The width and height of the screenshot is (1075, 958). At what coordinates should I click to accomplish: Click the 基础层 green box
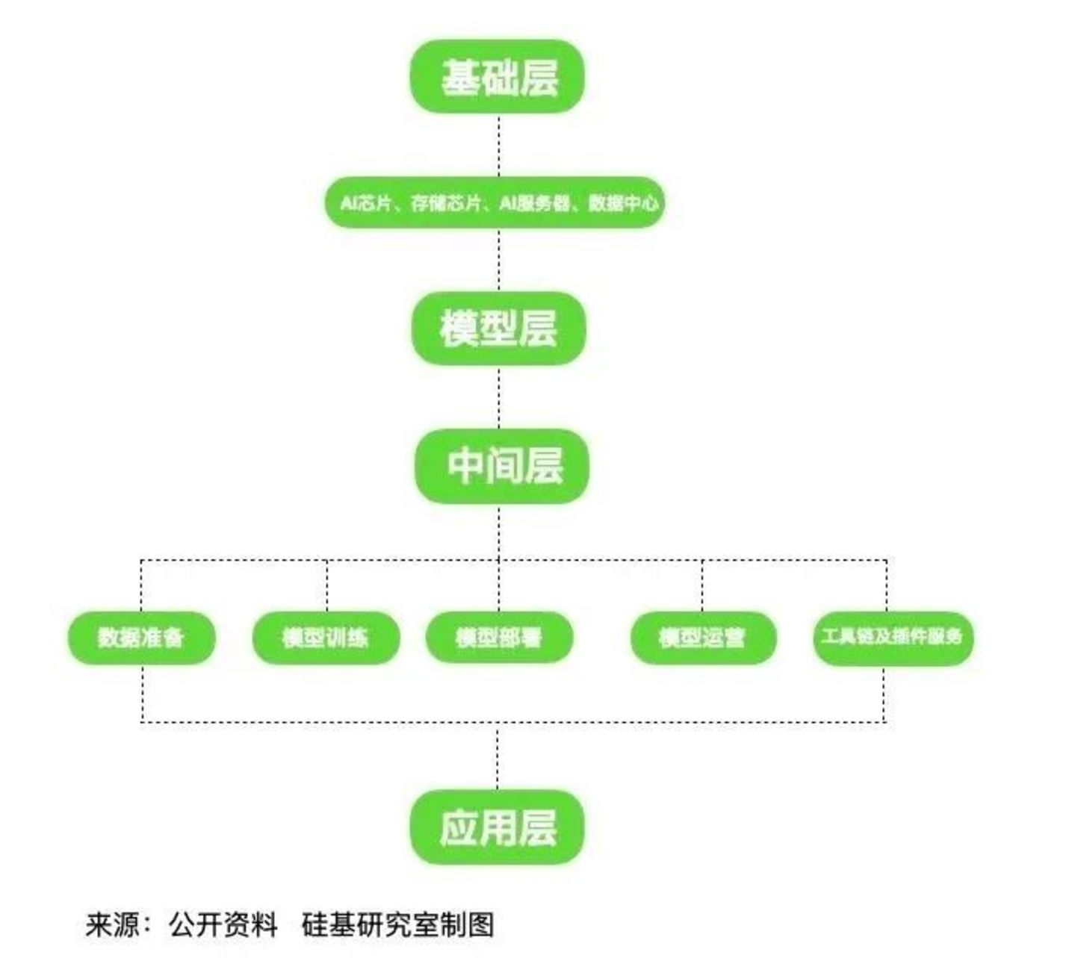pos(497,77)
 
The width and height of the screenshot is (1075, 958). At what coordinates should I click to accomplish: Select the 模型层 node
pos(498,328)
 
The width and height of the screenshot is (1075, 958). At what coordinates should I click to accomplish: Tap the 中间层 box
pos(502,466)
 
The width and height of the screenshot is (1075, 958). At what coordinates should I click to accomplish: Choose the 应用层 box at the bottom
pos(497,827)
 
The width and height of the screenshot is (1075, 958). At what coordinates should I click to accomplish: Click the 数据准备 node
pos(141,637)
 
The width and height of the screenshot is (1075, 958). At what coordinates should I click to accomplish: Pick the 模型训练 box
pos(326,637)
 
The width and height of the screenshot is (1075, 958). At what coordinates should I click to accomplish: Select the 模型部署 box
pos(499,637)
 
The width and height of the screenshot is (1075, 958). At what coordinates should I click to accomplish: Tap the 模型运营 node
pos(702,637)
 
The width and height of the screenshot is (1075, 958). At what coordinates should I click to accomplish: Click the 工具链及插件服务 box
pos(893,637)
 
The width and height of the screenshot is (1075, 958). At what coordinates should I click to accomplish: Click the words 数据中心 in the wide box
pos(623,202)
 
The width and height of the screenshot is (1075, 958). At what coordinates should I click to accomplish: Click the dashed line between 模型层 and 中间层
pos(499,397)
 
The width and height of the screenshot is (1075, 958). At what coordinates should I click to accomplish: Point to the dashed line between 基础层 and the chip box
pos(499,146)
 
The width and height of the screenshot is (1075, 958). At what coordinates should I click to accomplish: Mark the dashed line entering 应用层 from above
pos(498,758)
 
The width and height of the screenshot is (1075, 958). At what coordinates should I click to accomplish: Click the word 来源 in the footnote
pos(113,924)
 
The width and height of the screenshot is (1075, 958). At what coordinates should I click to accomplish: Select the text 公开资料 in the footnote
pos(223,924)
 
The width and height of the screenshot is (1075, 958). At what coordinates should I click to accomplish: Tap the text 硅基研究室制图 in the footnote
pos(397,924)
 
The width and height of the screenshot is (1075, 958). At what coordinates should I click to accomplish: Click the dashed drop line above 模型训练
pos(326,586)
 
